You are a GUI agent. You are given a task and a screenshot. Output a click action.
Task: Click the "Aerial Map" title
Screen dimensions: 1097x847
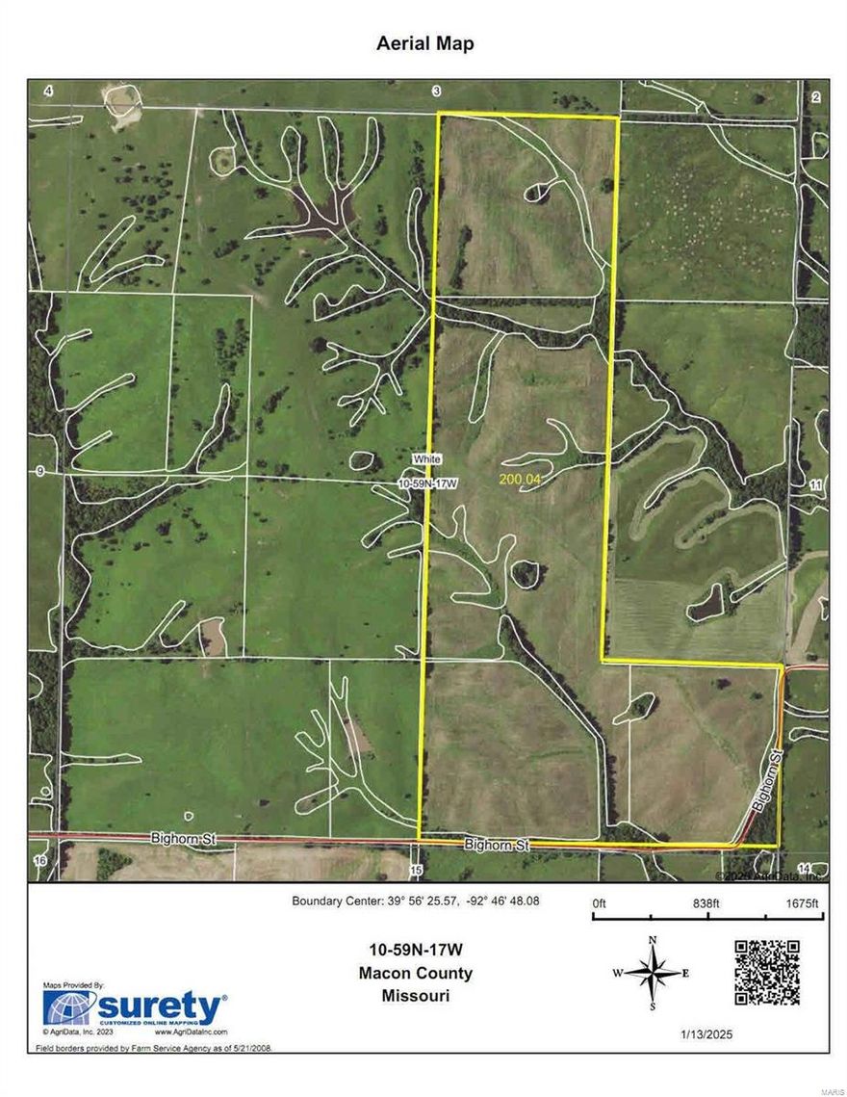pyautogui.click(x=423, y=43)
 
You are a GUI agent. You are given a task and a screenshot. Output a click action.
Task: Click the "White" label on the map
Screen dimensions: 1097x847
pyautogui.click(x=426, y=460)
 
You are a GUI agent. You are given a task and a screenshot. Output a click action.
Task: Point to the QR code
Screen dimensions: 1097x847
pyautogui.click(x=767, y=973)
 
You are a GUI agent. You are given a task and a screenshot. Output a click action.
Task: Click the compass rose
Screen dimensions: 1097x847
pyautogui.click(x=653, y=973)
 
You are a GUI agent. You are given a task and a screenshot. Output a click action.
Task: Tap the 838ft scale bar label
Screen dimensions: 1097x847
pyautogui.click(x=706, y=902)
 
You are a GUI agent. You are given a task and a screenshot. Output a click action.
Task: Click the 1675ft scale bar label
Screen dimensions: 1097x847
pyautogui.click(x=801, y=902)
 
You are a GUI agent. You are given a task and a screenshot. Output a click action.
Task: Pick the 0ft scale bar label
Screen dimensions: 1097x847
pyautogui.click(x=598, y=902)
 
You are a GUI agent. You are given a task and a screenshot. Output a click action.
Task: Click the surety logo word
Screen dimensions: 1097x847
pyautogui.click(x=158, y=1008)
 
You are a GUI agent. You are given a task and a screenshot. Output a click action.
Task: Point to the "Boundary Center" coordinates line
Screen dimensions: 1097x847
pyautogui.click(x=416, y=902)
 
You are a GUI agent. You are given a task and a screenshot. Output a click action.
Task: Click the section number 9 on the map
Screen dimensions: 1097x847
pyautogui.click(x=39, y=471)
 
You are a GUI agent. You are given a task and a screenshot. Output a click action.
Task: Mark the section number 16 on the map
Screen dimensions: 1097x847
pyautogui.click(x=39, y=859)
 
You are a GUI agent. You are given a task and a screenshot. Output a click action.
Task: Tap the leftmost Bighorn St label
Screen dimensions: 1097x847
pyautogui.click(x=185, y=840)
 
